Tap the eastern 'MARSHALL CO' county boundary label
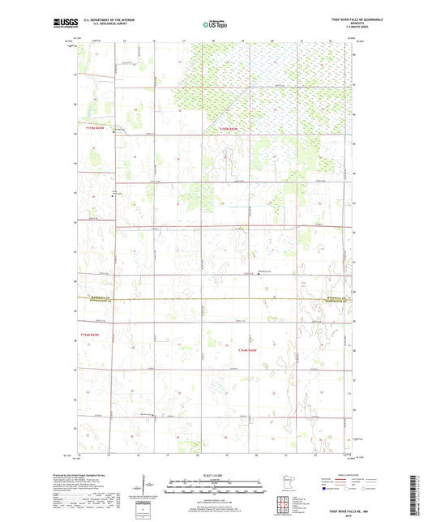(x=334, y=298)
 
